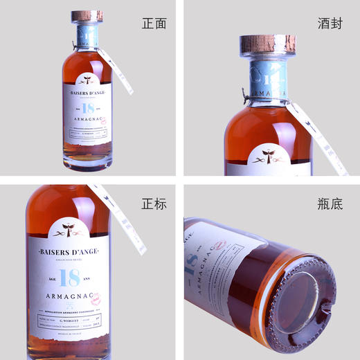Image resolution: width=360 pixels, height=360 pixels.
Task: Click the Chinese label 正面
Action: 154,24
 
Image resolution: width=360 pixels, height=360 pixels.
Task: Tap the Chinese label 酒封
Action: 334,24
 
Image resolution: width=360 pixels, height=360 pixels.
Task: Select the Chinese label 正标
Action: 154,204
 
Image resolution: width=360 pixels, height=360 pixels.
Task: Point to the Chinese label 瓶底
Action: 334,204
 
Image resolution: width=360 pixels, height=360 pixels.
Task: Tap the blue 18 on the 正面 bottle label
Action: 89,108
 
